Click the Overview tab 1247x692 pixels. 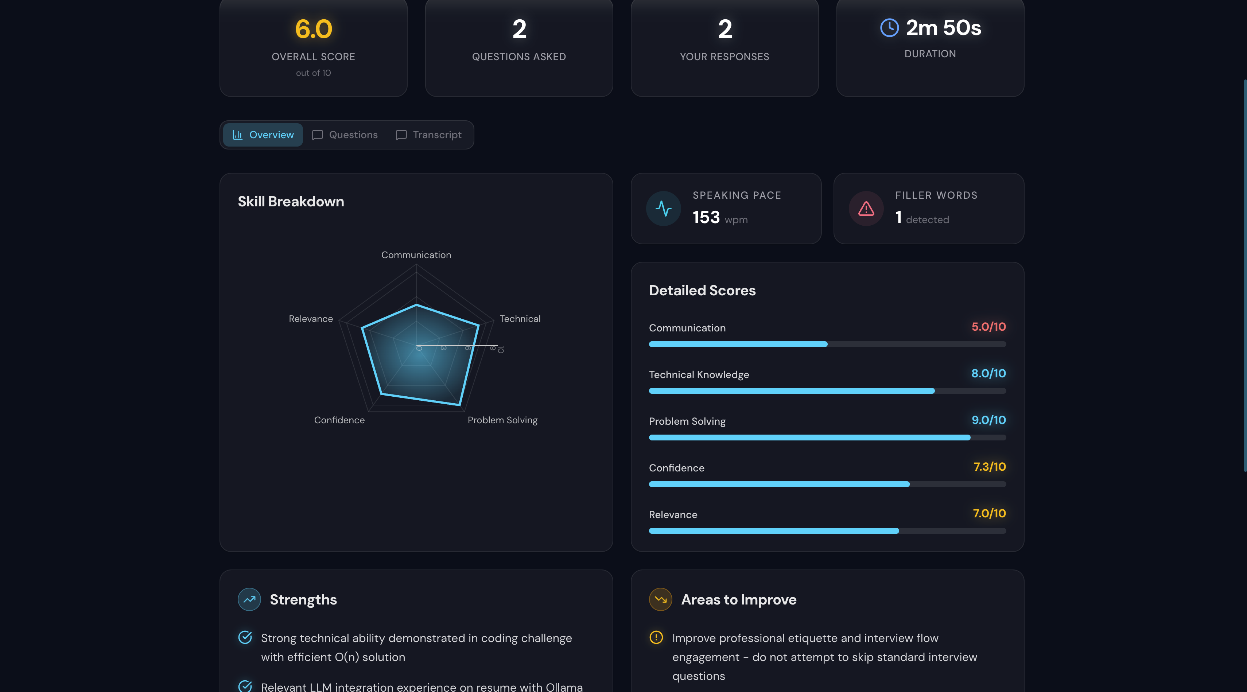pos(263,135)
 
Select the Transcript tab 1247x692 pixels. pos(428,135)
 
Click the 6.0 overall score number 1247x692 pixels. pos(314,29)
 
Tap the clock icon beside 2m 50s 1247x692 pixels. pos(889,28)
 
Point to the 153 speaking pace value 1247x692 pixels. pos(706,217)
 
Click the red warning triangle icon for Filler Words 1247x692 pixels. pos(866,209)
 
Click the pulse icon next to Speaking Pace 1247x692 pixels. pos(663,209)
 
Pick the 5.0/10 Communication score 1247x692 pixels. pos(988,327)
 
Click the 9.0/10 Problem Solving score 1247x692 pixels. pos(988,420)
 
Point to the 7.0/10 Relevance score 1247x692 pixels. pos(989,513)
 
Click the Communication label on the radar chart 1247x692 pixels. pos(416,255)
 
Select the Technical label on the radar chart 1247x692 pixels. pos(520,319)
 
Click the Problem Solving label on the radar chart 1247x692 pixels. pos(502,420)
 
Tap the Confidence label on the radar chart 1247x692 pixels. pos(339,420)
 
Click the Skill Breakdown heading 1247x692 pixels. pos(291,201)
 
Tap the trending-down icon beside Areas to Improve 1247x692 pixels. pos(660,599)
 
